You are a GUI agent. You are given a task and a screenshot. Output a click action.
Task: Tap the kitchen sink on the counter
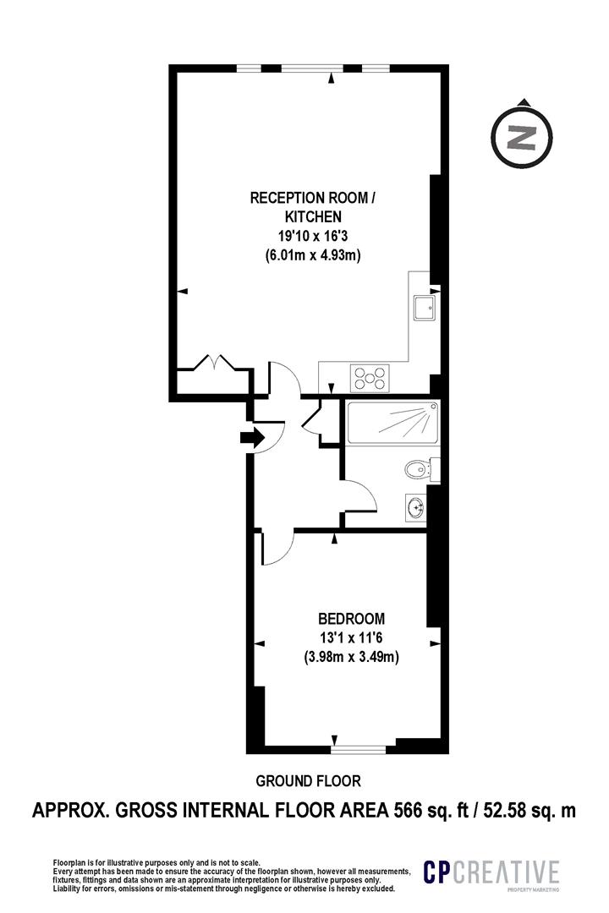tap(424, 308)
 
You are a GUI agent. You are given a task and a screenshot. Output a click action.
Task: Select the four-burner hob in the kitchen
tap(370, 378)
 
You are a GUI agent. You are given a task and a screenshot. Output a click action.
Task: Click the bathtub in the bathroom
tap(392, 422)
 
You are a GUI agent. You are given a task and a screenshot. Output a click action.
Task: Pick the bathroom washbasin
tap(416, 507)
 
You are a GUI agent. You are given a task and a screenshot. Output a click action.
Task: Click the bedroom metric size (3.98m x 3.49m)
tap(351, 658)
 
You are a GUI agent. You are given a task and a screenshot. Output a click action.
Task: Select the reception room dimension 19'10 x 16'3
tap(312, 236)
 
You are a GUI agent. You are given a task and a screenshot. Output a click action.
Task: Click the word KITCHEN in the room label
tap(312, 216)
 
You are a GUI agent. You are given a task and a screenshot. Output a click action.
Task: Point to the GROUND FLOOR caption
tap(308, 781)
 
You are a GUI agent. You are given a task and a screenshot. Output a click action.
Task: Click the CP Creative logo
tap(491, 872)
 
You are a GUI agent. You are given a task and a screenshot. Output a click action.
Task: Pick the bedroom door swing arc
tap(278, 549)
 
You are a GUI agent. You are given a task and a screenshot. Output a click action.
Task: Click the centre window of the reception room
tap(312, 68)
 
